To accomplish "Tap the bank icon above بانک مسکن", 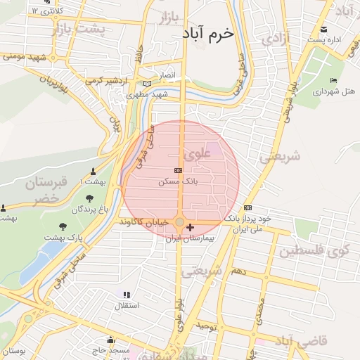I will click(178, 170).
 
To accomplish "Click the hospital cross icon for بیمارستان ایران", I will click(190, 228).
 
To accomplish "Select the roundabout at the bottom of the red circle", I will click(180, 222).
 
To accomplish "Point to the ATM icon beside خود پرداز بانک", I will click(247, 208).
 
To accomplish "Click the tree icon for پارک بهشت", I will click(63, 226).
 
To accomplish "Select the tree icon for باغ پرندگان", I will click(89, 198).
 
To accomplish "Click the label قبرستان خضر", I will click(48, 191).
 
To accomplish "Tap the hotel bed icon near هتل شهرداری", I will click(333, 81).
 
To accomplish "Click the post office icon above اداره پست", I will click(324, 29).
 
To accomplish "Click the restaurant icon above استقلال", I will click(127, 295).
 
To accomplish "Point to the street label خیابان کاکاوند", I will click(144, 221).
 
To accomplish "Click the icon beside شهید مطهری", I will click(147, 84).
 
